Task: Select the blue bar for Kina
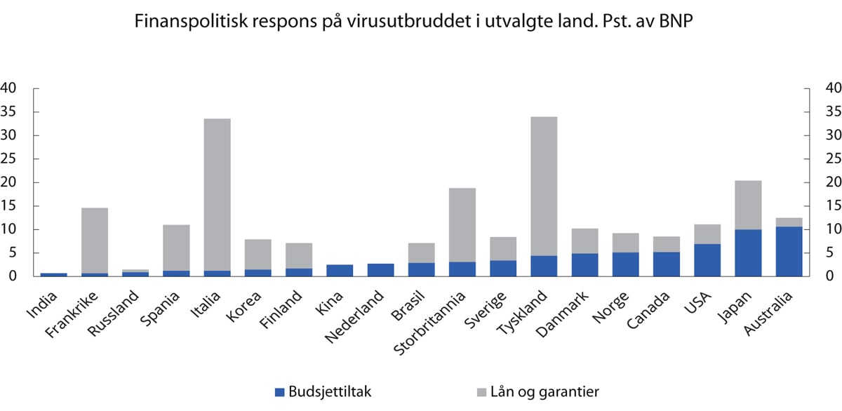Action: click(x=340, y=270)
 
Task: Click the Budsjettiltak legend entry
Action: click(x=323, y=391)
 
